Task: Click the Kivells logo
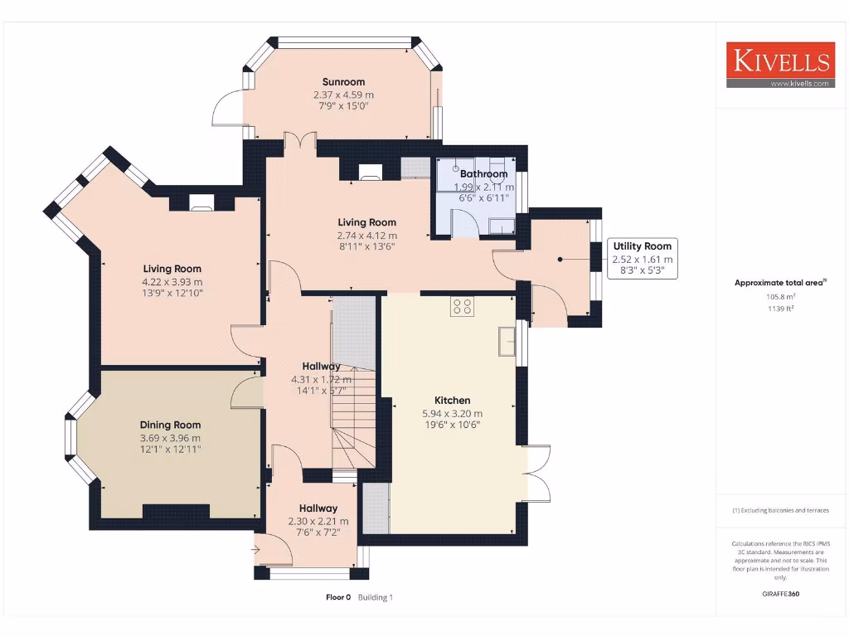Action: point(779,65)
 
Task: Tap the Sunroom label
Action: point(343,82)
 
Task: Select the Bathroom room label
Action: point(483,174)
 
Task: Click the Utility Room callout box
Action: point(643,258)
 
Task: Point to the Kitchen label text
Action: point(452,400)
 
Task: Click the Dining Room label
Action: point(170,425)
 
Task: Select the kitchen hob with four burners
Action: point(462,307)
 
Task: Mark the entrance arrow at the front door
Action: point(256,549)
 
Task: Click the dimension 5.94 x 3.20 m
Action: point(452,413)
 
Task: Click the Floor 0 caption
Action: point(338,597)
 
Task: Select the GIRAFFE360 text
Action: point(779,594)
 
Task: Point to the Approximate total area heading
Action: point(779,283)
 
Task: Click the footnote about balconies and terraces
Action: point(779,511)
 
